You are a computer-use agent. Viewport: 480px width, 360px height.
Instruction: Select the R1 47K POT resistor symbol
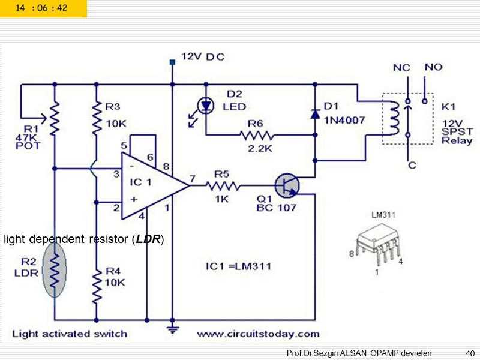pyautogui.click(x=55, y=119)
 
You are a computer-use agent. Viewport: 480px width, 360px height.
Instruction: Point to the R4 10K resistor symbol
pyautogui.click(x=96, y=287)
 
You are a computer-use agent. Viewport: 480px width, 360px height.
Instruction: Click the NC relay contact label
pyautogui.click(x=401, y=68)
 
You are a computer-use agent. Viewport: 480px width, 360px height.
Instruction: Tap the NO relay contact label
pyautogui.click(x=433, y=67)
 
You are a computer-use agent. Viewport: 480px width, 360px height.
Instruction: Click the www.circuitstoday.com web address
pyautogui.click(x=258, y=334)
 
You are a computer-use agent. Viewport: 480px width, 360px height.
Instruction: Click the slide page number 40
pyautogui.click(x=470, y=353)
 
